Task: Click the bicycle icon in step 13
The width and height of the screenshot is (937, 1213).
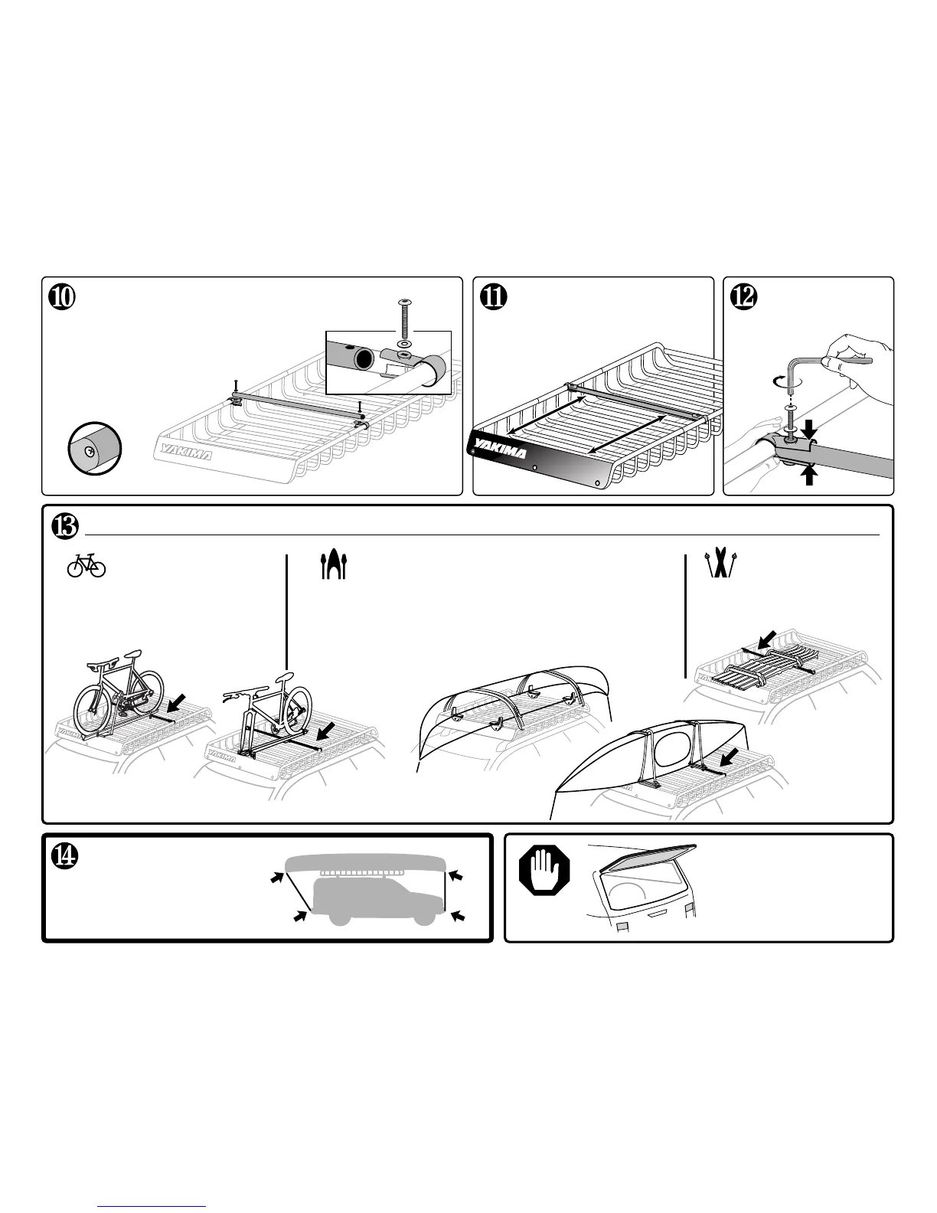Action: (x=87, y=566)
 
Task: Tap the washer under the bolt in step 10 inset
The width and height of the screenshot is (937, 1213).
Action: (x=404, y=334)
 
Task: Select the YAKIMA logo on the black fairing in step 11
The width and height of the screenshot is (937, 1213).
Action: (x=499, y=447)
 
